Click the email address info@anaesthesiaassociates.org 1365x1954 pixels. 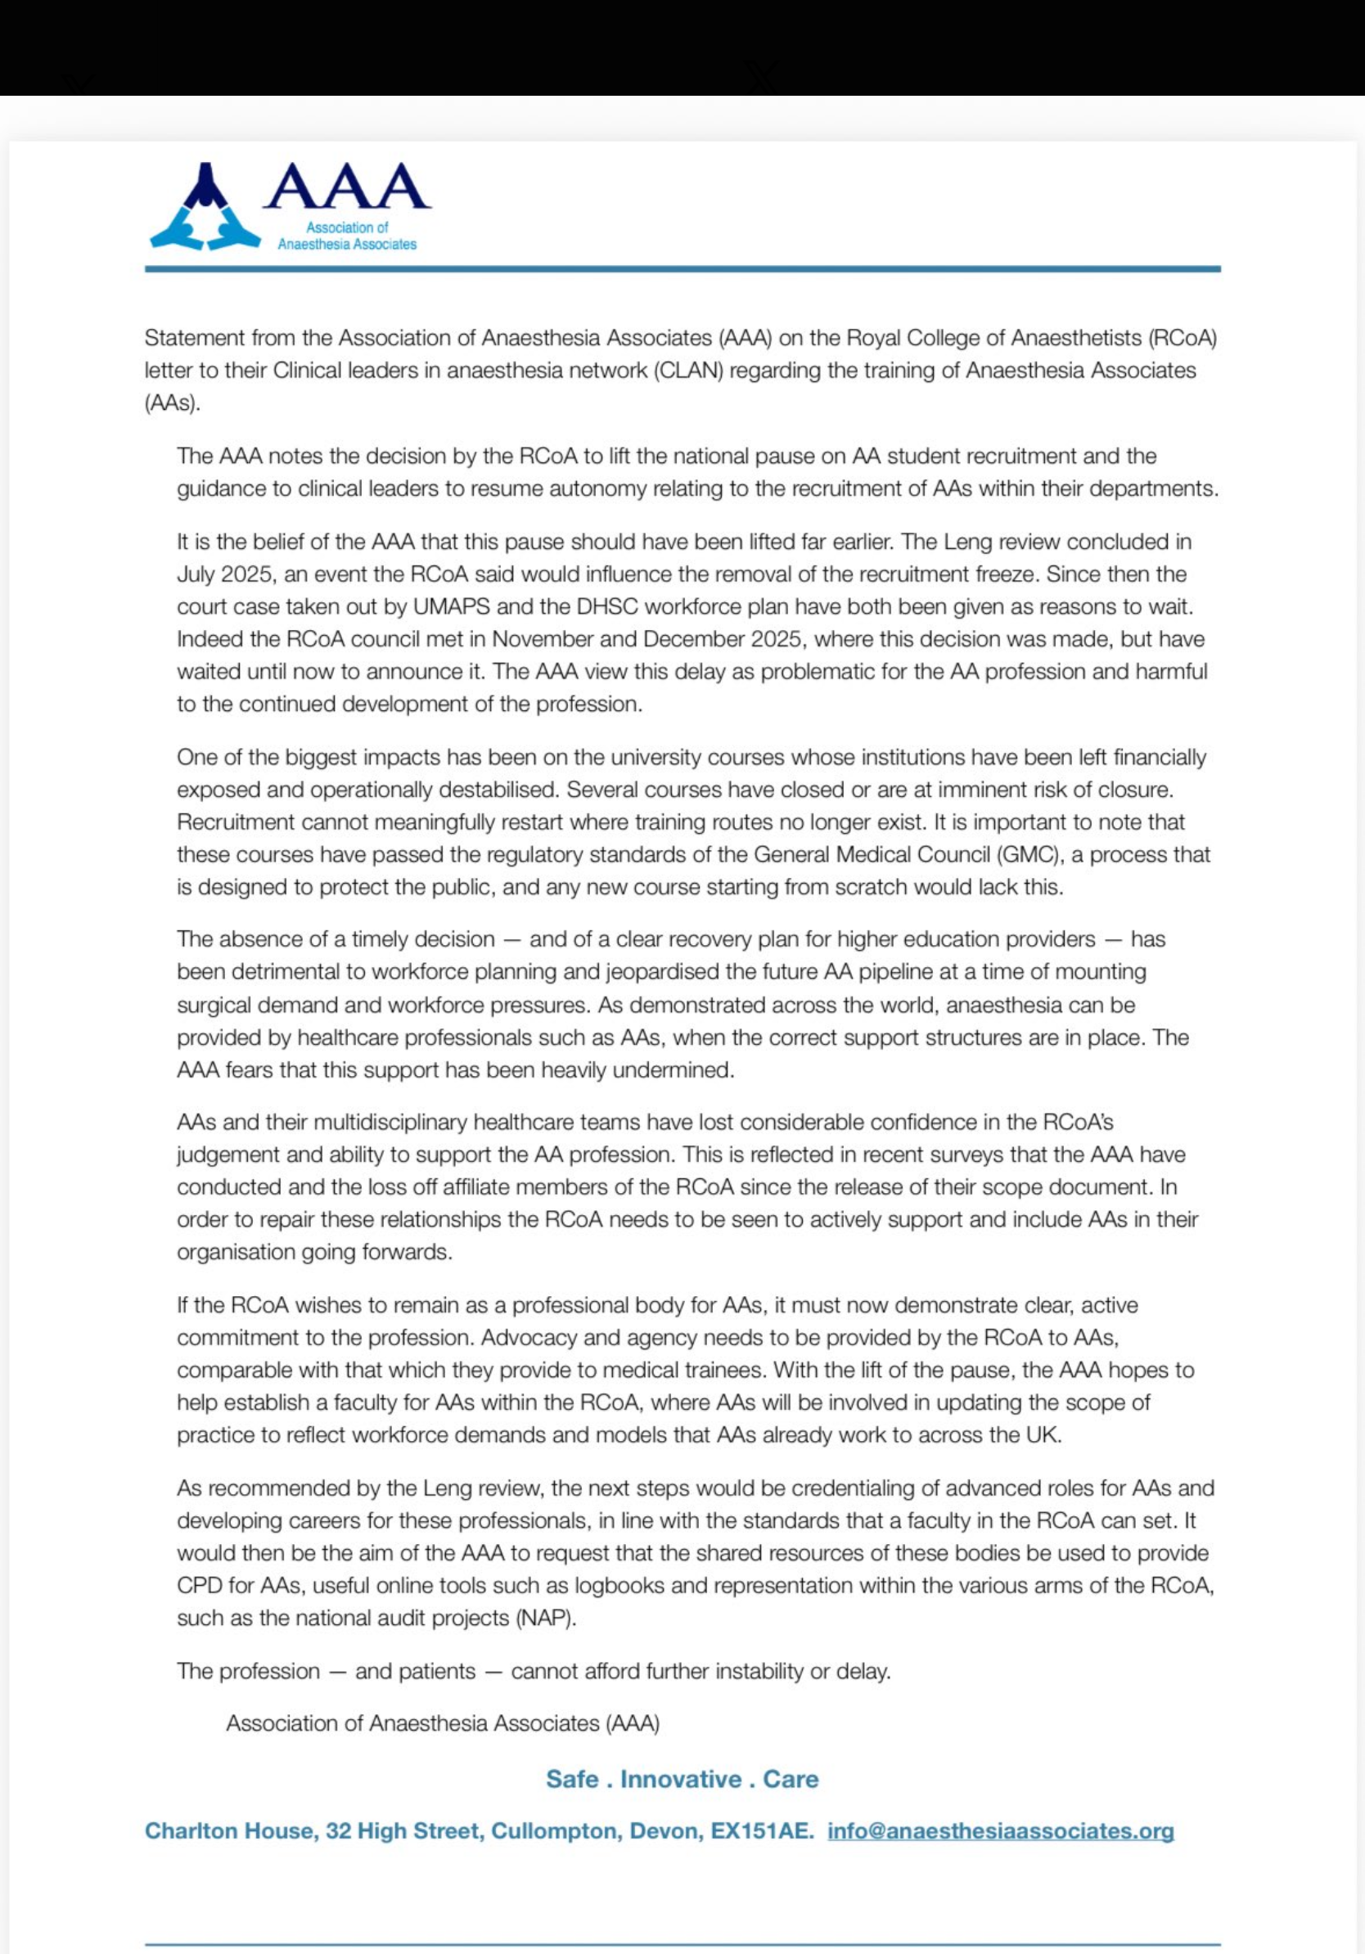tap(1000, 1830)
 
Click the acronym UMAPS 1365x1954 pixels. tap(449, 607)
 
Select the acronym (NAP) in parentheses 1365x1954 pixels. tap(547, 1618)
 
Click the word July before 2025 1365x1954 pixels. tap(196, 574)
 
